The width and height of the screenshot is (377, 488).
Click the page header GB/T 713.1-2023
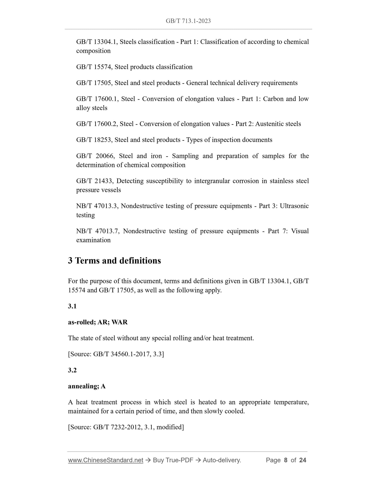pyautogui.click(x=188, y=21)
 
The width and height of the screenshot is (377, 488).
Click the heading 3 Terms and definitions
pyautogui.click(x=114, y=261)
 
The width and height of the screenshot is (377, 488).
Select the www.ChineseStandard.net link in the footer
pyautogui.click(x=105, y=460)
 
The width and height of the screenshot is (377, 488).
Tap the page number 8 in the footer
pyautogui.click(x=286, y=460)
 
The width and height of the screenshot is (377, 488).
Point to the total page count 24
pyautogui.click(x=303, y=460)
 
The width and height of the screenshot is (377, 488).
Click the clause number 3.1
pyautogui.click(x=72, y=306)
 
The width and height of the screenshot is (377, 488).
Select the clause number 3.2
pyautogui.click(x=72, y=370)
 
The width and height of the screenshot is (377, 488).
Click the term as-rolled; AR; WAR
pyautogui.click(x=98, y=322)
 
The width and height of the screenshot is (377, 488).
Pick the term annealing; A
pyautogui.click(x=87, y=386)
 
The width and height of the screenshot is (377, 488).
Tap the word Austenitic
pyautogui.click(x=270, y=124)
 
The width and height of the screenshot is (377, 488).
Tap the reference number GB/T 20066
pyautogui.click(x=95, y=156)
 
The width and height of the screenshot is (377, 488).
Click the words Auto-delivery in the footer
pyautogui.click(x=222, y=460)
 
